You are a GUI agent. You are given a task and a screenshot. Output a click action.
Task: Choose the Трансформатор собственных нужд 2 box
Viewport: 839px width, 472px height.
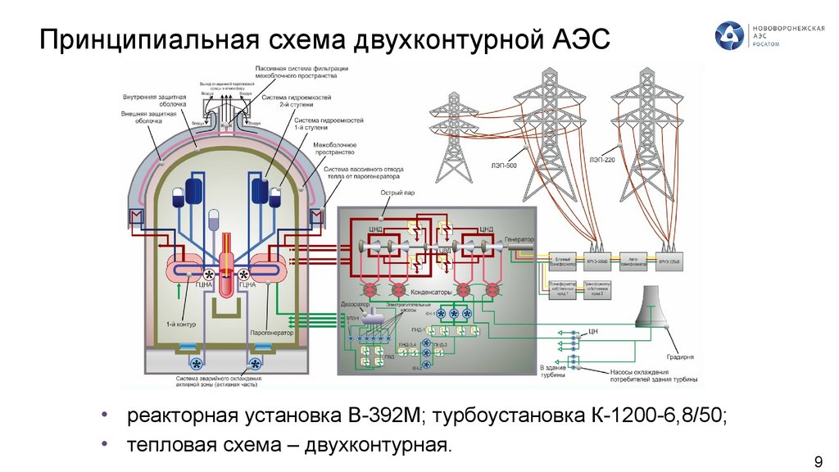click(597, 285)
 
